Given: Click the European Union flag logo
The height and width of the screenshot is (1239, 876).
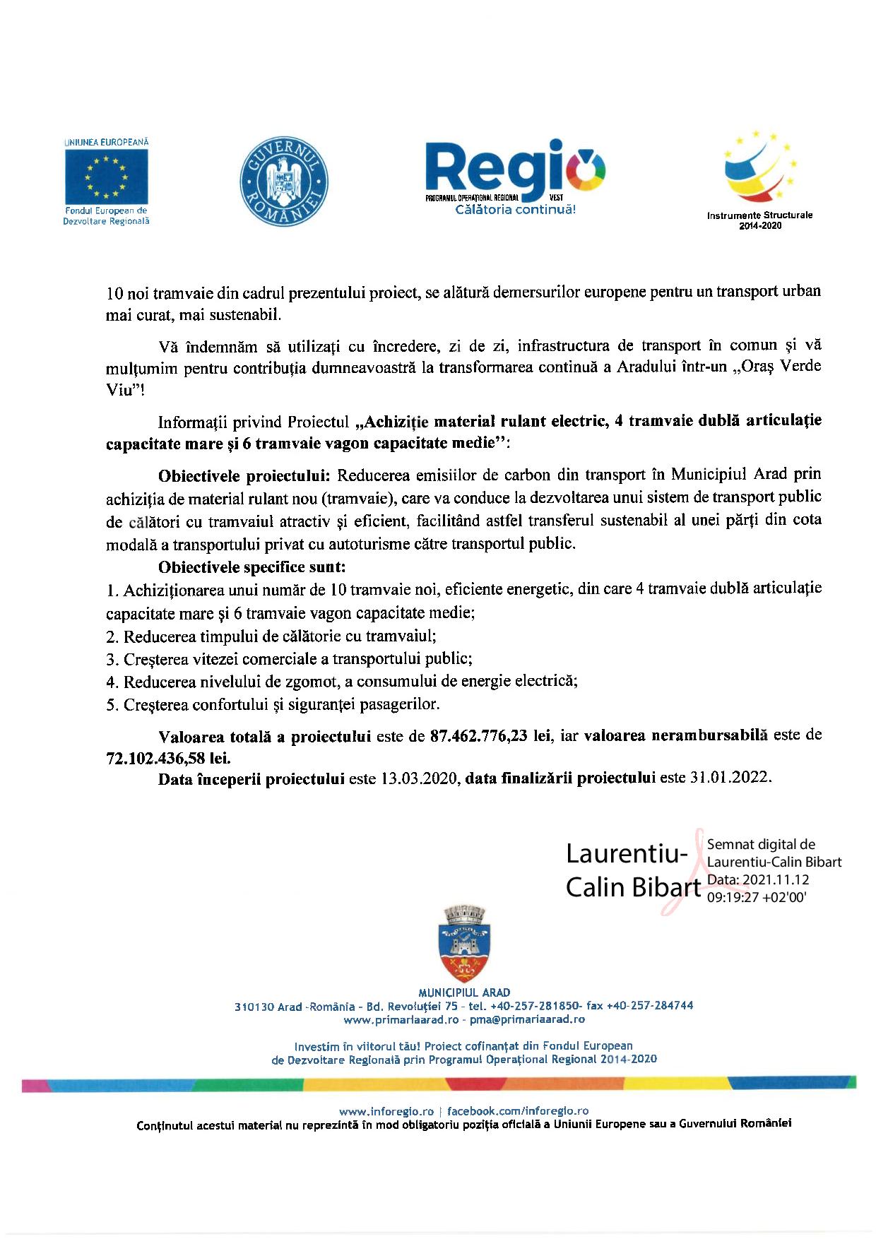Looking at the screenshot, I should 107,177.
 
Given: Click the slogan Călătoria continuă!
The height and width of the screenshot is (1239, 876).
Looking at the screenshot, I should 516,210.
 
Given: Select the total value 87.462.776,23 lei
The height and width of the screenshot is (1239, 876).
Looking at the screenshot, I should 491,736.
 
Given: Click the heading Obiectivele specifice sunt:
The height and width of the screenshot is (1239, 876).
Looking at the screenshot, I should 252,567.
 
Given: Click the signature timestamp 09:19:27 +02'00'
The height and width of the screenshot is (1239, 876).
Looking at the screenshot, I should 757,897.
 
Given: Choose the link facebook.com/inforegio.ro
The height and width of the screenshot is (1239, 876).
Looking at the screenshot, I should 518,1111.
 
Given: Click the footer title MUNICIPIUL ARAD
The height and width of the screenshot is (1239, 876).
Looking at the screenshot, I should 464,992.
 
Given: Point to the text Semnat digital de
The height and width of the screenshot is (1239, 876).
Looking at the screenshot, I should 761,844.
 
